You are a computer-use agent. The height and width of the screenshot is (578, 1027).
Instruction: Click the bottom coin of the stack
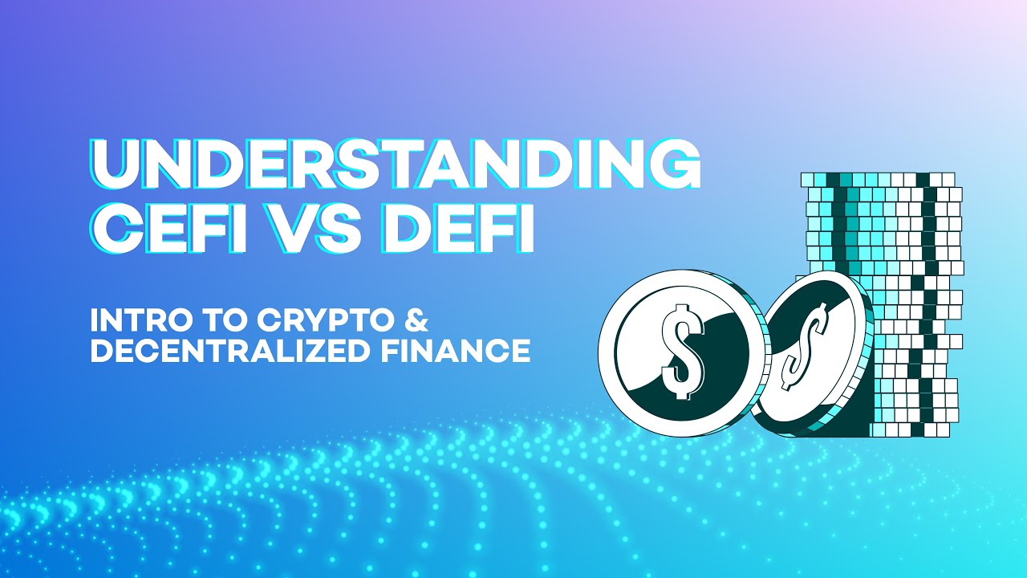(911, 429)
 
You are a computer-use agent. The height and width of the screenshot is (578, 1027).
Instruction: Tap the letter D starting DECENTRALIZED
(101, 351)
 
